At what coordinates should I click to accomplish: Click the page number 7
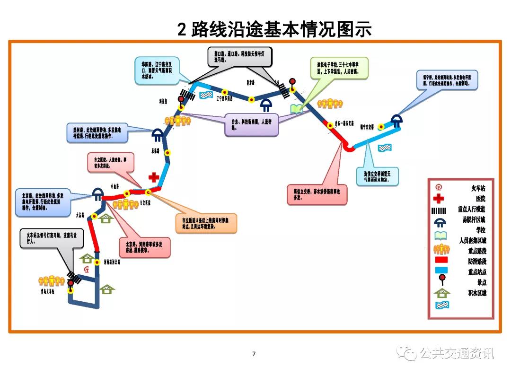[254, 354]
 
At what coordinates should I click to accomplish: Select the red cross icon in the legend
[440, 199]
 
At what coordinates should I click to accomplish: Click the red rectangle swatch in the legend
[441, 261]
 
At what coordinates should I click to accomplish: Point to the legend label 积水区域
[476, 293]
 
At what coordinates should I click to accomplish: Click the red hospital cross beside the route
[154, 177]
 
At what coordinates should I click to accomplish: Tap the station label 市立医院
[145, 202]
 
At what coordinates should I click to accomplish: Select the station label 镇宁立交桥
[367, 126]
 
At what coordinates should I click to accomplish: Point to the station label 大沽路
[80, 214]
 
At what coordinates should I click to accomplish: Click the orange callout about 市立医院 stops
[206, 223]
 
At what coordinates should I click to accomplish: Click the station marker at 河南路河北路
[97, 262]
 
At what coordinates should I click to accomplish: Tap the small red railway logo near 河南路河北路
[86, 270]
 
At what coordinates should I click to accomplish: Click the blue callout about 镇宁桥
[447, 79]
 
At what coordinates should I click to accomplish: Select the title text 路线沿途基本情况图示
[282, 29]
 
